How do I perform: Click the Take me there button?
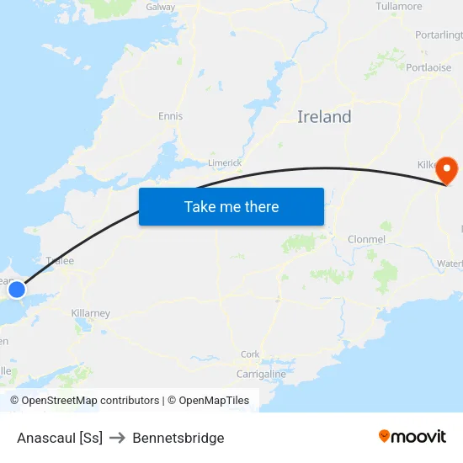tap(231, 206)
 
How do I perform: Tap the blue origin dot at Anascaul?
tap(16, 290)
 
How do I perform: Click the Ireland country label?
tap(324, 117)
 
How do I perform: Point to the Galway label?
tap(161, 7)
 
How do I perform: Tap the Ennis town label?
tap(170, 116)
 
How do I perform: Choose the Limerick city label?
tap(225, 162)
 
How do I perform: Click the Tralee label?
tap(60, 261)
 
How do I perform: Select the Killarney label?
tap(90, 313)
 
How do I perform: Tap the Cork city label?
tap(250, 354)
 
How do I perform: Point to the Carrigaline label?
tap(261, 374)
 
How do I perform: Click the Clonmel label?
tap(366, 240)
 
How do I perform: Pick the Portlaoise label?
tap(429, 67)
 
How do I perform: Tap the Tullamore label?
tap(399, 7)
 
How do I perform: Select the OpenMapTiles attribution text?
tap(214, 401)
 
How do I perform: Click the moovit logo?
tap(412, 436)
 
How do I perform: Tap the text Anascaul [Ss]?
tap(60, 438)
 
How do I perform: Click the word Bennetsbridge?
tap(178, 438)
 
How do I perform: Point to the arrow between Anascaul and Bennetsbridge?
tap(117, 438)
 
